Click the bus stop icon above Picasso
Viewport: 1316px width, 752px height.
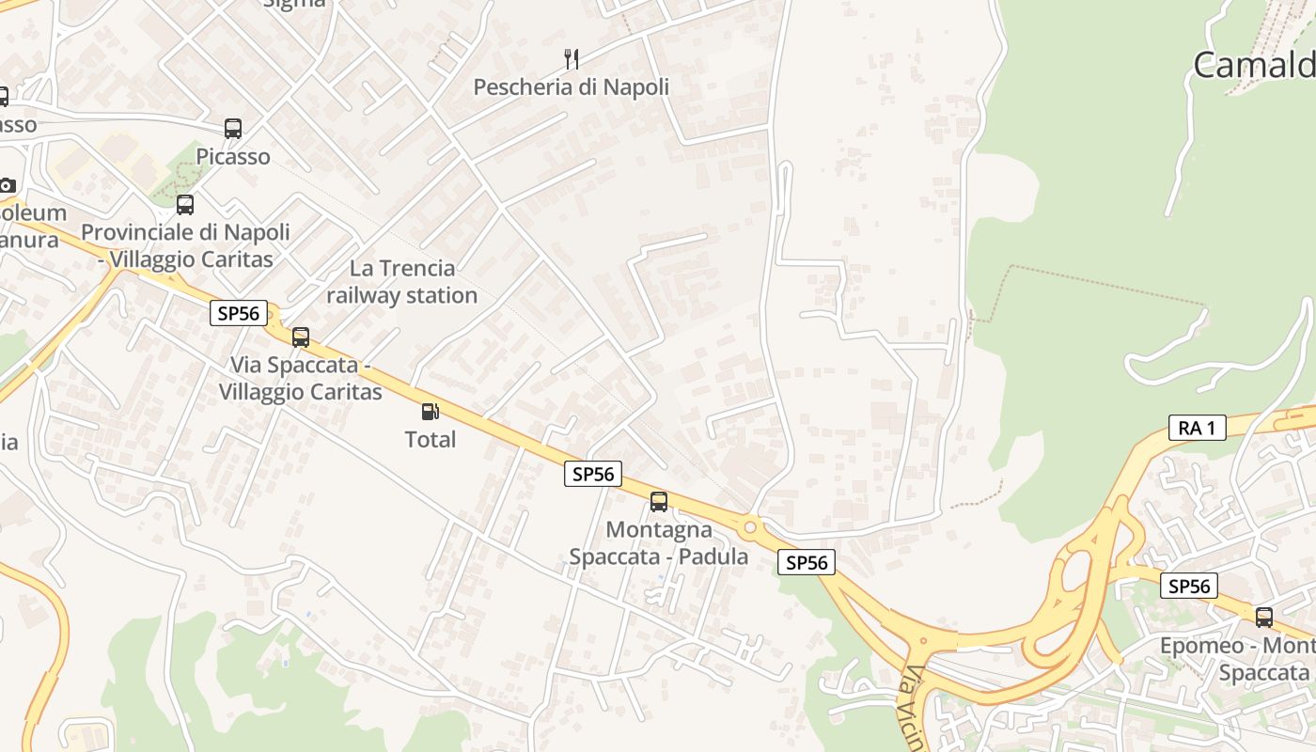tap(232, 129)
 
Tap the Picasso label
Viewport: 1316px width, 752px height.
tap(233, 156)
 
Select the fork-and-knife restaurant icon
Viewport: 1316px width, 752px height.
tap(571, 59)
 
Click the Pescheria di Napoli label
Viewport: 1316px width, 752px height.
tap(571, 87)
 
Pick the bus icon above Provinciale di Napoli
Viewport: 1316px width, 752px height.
tap(185, 204)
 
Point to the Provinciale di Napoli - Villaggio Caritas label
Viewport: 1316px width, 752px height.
tap(185, 245)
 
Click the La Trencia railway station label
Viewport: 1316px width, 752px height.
tap(402, 281)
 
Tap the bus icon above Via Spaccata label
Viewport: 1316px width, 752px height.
tap(301, 337)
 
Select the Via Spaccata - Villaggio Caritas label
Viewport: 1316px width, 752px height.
tap(300, 378)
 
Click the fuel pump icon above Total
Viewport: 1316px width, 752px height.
tap(430, 411)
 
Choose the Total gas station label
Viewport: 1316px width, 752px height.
tap(430, 439)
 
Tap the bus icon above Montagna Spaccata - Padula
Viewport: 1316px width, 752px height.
tap(659, 501)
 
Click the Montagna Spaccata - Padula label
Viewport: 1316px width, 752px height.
tap(659, 543)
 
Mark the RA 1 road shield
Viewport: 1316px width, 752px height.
tap(1197, 428)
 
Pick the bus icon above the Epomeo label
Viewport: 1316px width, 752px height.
tap(1264, 618)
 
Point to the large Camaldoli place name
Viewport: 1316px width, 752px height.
tap(1254, 65)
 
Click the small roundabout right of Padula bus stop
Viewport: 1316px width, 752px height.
tap(749, 527)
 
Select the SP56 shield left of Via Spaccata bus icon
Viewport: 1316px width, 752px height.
tap(238, 313)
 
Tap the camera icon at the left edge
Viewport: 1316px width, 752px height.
tap(7, 185)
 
